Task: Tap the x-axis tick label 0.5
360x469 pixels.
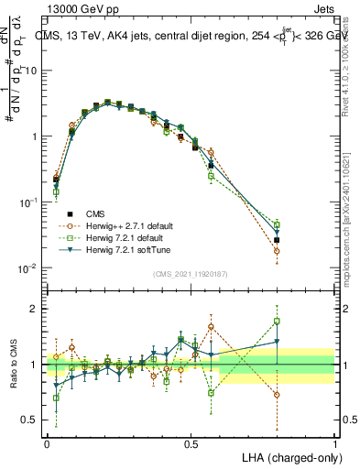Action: click(x=191, y=443)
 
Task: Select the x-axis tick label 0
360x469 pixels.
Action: click(x=47, y=443)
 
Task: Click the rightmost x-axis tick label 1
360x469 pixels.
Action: click(x=334, y=443)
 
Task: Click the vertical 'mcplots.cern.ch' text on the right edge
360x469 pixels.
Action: click(x=351, y=229)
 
